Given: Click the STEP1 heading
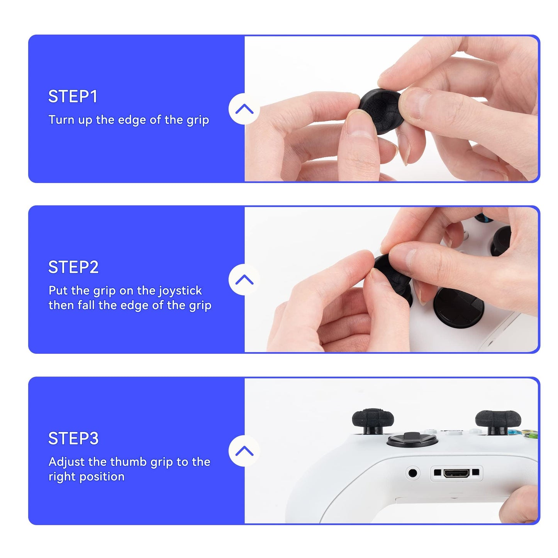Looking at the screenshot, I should (73, 97).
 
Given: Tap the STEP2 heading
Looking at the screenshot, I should (73, 267).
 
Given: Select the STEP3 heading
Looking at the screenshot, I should (73, 438).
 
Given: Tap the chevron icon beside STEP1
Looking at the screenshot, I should (244, 109).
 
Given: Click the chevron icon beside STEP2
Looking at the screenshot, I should (244, 280).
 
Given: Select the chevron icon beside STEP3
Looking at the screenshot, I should (244, 451).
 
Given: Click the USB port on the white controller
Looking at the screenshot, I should (456, 473).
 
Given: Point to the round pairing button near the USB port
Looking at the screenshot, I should (413, 473).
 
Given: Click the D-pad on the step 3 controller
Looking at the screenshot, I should (412, 440).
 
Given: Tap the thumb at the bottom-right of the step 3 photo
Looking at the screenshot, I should (519, 506).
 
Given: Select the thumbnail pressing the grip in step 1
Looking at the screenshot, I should (359, 126).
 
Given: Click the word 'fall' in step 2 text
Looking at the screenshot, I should (86, 305).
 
